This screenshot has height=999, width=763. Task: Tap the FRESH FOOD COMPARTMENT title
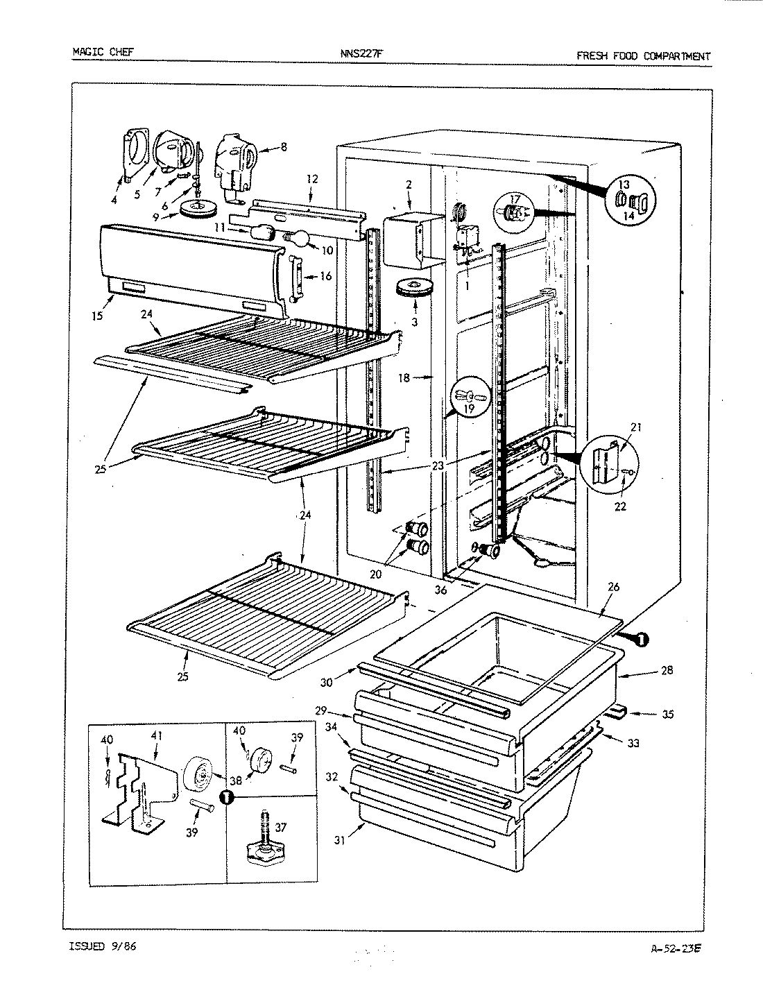tap(643, 56)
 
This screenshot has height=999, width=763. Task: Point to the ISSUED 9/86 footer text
tap(102, 946)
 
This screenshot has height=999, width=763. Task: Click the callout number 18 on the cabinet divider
tap(404, 378)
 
